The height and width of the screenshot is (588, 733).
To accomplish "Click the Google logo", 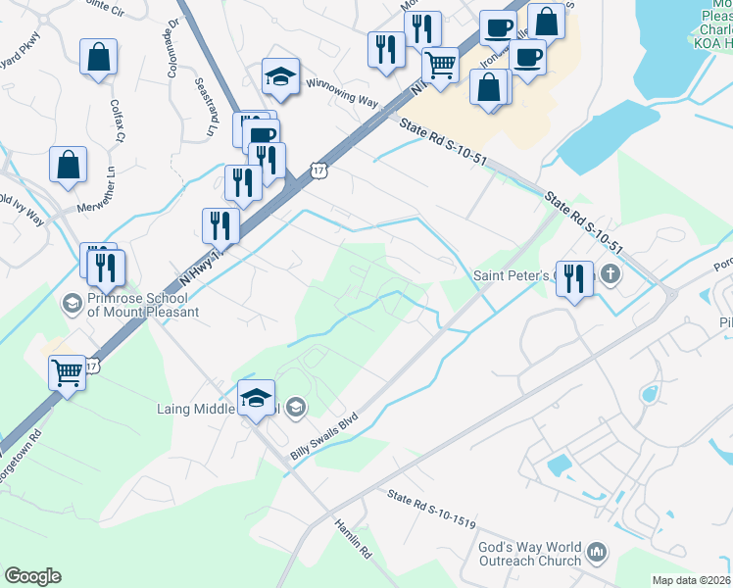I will tap(32, 576).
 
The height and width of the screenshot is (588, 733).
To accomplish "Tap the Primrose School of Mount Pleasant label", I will tap(143, 305).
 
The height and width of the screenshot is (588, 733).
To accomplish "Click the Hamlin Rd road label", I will tap(353, 539).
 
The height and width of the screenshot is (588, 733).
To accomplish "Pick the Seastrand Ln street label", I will tap(209, 107).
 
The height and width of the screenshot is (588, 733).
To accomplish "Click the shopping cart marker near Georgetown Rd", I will tap(68, 373).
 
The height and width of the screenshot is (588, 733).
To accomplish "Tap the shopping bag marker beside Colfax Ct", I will tap(99, 59).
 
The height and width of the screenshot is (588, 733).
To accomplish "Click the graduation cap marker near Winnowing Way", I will tap(280, 78).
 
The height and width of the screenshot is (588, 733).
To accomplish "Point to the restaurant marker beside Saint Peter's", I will tap(574, 279).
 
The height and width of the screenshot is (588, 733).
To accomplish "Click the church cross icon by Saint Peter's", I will tap(611, 273).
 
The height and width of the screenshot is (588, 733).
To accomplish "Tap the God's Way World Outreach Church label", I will tap(530, 555).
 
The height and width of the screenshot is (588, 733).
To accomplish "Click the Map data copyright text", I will tap(692, 580).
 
